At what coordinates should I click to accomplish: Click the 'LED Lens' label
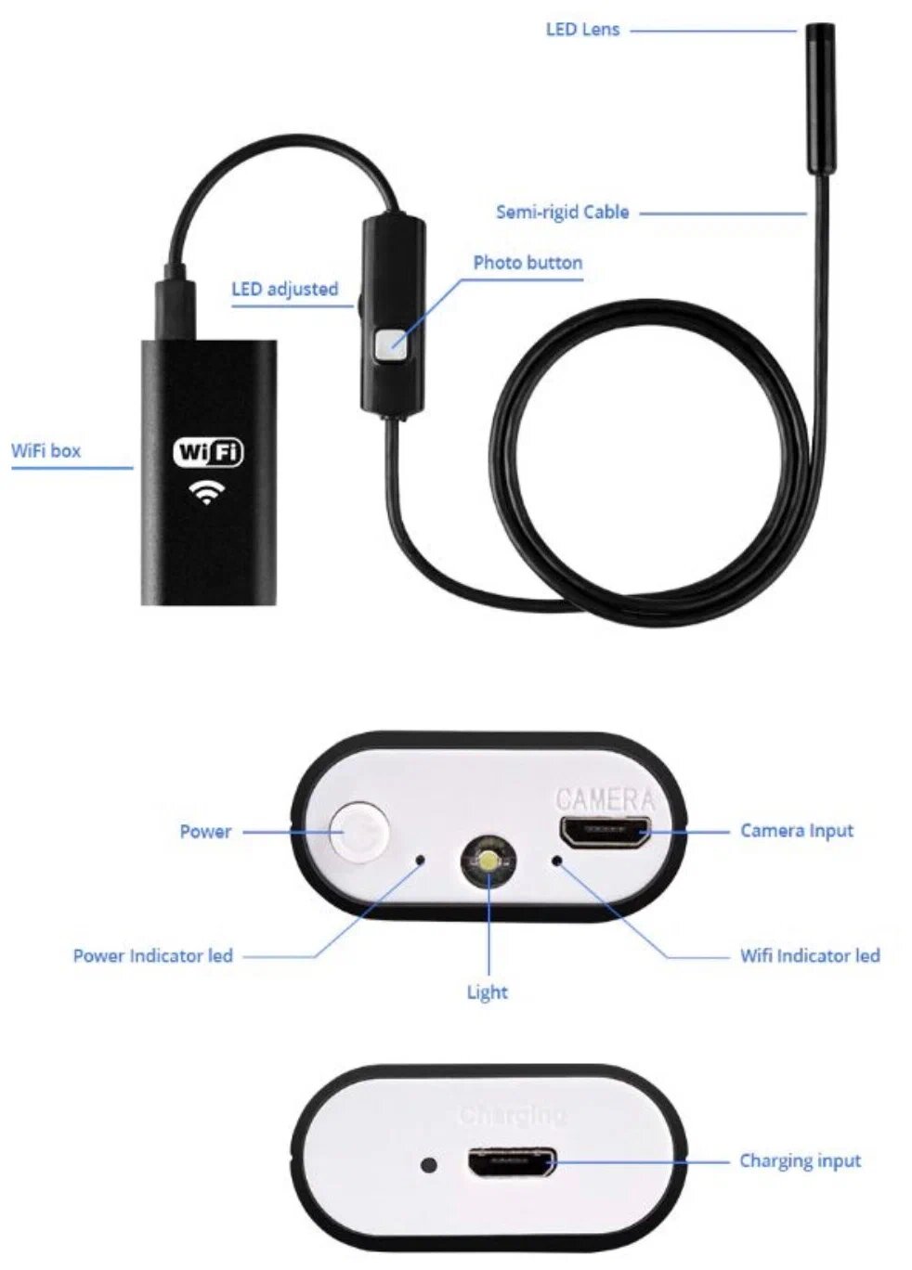tap(582, 30)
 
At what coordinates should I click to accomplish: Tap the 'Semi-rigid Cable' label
tap(562, 213)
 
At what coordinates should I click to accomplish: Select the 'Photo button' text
tap(528, 263)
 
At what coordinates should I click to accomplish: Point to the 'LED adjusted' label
tap(284, 290)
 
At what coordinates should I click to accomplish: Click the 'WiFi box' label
tap(46, 451)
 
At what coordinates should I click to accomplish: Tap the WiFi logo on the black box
tap(208, 452)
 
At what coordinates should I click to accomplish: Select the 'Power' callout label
tap(205, 832)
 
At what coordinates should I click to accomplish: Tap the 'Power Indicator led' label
tap(152, 956)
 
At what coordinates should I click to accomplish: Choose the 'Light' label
tap(487, 992)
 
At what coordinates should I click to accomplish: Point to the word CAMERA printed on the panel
tap(605, 798)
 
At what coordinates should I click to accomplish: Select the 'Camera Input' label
tap(796, 831)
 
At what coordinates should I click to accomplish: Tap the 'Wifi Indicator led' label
tap(809, 956)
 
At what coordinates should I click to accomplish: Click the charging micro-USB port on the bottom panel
tap(512, 1162)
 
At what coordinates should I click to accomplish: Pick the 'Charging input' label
tap(800, 1161)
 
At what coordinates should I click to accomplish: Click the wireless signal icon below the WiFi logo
tap(205, 491)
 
